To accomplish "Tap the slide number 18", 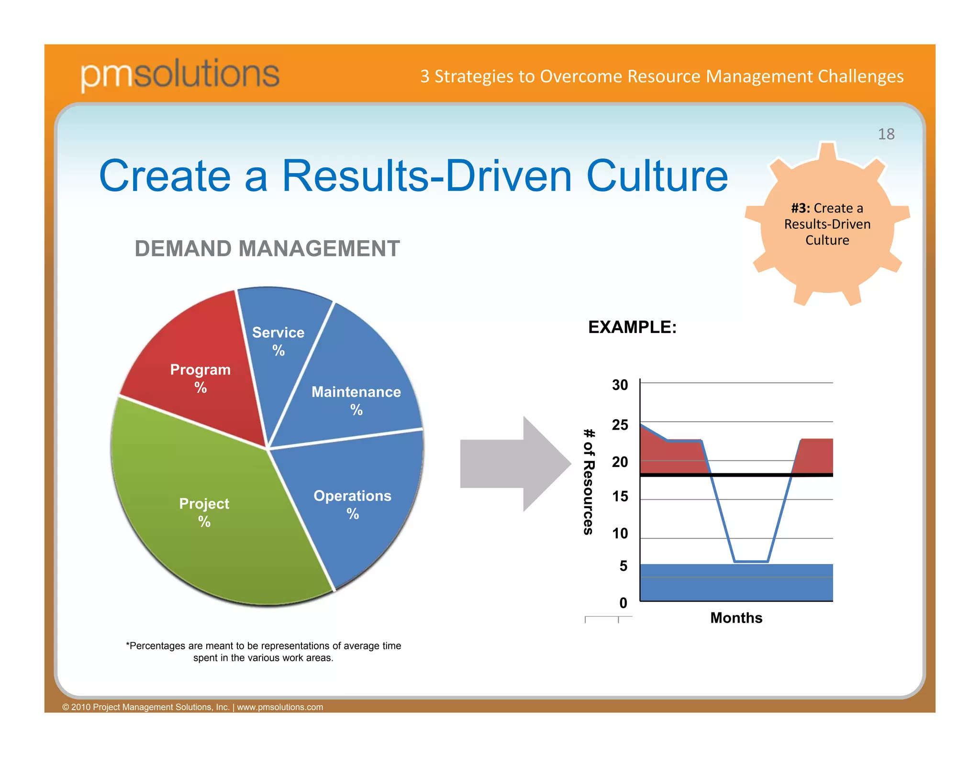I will point(886,134).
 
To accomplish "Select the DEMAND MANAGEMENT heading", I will point(267,249).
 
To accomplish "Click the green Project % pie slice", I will point(204,512).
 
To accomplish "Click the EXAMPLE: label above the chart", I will point(632,327).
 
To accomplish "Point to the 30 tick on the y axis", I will point(620,385).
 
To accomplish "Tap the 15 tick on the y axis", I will point(620,497).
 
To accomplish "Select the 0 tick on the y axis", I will point(623,603).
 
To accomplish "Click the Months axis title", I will point(736,618).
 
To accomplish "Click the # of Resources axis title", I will point(589,481).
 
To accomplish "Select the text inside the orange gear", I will point(827,224).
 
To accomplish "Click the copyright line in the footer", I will point(192,707).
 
